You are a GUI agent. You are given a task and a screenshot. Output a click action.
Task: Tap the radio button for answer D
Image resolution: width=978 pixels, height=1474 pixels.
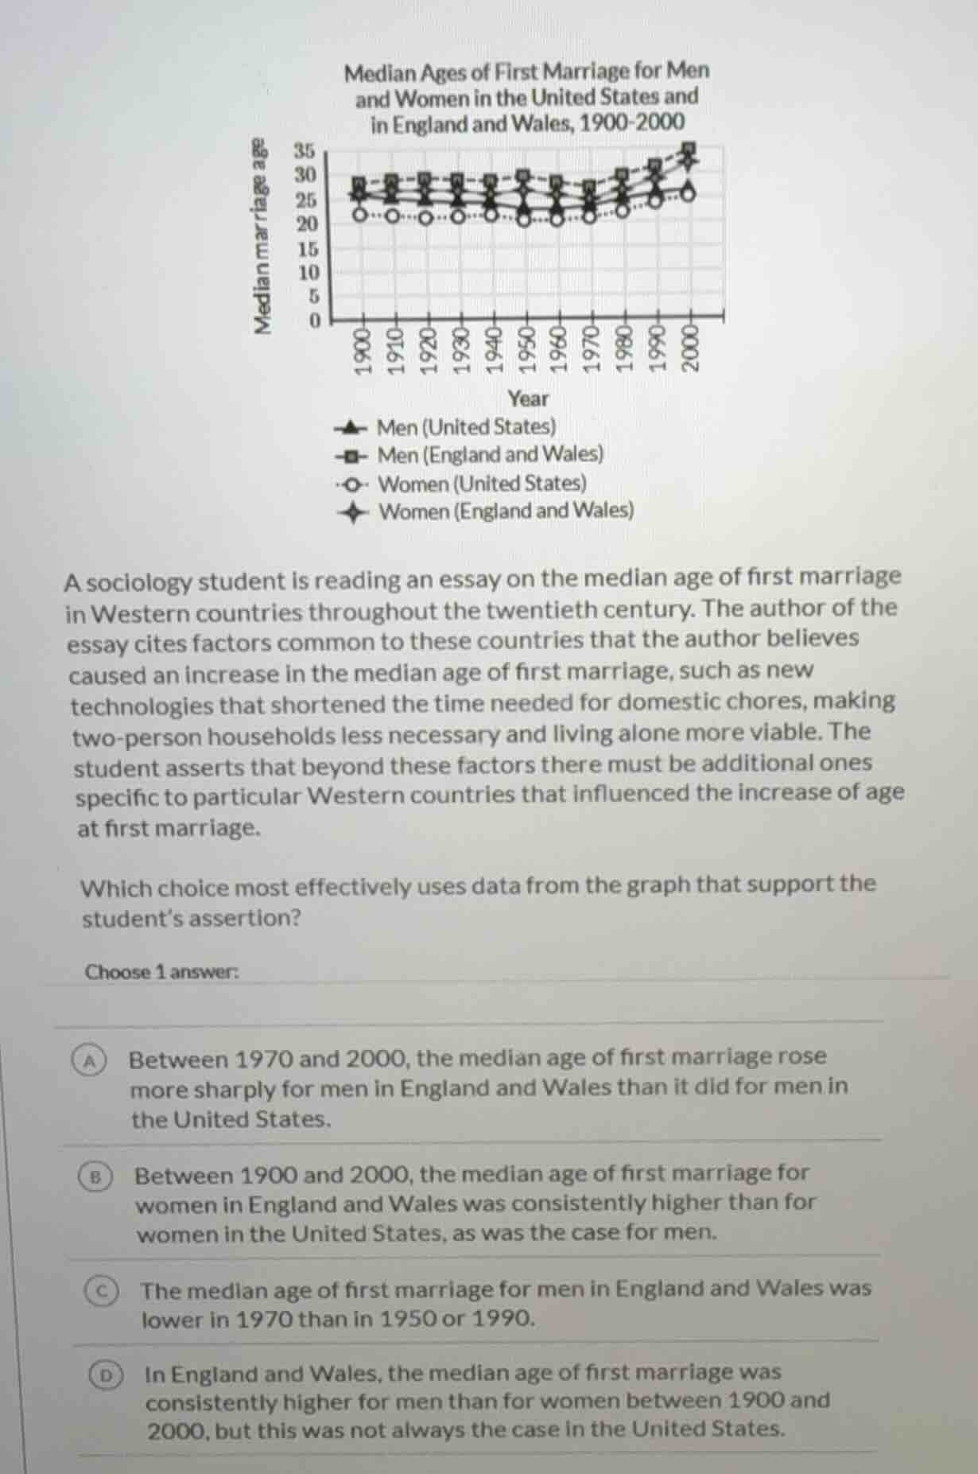tap(106, 1375)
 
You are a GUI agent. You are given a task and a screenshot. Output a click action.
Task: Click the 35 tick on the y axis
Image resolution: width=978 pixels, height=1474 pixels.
tap(305, 150)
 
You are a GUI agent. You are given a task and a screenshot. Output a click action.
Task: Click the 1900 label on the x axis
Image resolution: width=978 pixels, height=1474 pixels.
tap(363, 351)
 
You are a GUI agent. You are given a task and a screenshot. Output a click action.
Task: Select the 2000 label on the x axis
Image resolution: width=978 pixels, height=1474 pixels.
tap(690, 351)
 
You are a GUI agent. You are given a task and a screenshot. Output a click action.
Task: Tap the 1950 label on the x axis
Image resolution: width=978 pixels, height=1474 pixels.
tap(526, 351)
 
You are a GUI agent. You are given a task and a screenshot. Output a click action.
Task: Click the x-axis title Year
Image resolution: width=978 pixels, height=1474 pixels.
tap(528, 399)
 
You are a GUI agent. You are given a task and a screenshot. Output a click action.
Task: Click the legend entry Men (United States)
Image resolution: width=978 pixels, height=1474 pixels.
tap(466, 427)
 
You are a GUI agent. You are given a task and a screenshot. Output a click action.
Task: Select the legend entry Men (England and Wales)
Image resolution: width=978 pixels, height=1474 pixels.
tap(490, 455)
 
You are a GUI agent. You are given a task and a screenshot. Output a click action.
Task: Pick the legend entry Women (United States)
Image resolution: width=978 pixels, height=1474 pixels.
tap(482, 484)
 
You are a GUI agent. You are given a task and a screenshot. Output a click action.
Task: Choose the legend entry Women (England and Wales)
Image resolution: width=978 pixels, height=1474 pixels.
tap(506, 511)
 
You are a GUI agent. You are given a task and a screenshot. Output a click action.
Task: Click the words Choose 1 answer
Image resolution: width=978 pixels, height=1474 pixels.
tap(161, 972)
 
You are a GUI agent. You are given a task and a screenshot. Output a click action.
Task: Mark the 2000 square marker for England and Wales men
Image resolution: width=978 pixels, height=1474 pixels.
tap(690, 148)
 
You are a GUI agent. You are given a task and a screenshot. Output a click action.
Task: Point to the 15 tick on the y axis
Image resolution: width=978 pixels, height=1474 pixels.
tap(307, 248)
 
